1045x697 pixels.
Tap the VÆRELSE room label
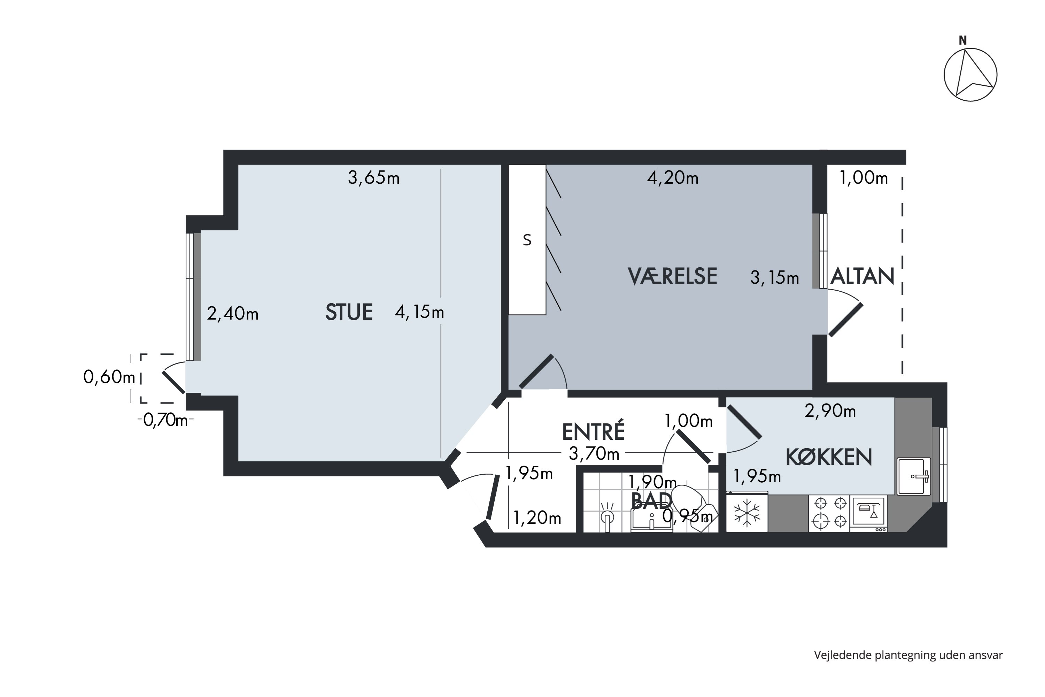pyautogui.click(x=672, y=276)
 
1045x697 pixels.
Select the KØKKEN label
pyautogui.click(x=829, y=457)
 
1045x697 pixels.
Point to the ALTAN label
pyautogui.click(x=862, y=276)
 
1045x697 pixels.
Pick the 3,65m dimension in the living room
pyautogui.click(x=374, y=178)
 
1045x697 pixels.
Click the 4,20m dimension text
pyautogui.click(x=673, y=178)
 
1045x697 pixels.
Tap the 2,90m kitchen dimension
pyautogui.click(x=830, y=411)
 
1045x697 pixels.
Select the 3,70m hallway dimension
pyautogui.click(x=594, y=453)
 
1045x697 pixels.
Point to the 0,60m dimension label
pyautogui.click(x=109, y=377)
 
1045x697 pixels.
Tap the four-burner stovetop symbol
pyautogui.click(x=829, y=513)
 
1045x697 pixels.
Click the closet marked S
pyautogui.click(x=527, y=240)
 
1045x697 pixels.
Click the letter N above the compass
pyautogui.click(x=962, y=40)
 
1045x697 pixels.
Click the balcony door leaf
pyautogui.click(x=845, y=320)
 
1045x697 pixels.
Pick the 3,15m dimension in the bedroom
pyautogui.click(x=774, y=278)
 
